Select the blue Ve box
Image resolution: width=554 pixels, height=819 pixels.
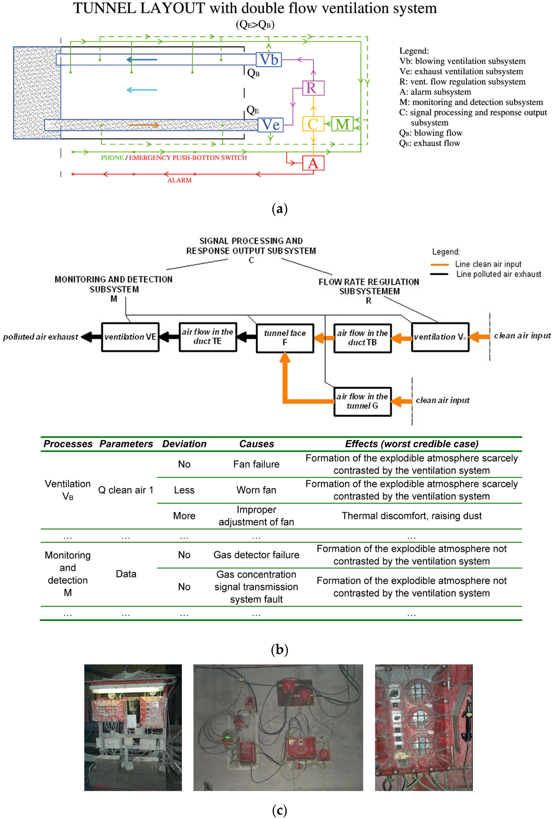point(270,125)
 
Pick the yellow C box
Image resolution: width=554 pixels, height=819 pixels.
point(313,124)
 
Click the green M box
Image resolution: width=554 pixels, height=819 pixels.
point(342,124)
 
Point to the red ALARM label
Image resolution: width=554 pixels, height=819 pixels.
point(179,180)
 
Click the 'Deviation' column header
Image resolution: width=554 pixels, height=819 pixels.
point(184,444)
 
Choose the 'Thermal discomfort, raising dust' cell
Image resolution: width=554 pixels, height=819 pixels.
point(411,516)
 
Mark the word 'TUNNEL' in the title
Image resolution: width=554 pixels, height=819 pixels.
point(104,8)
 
